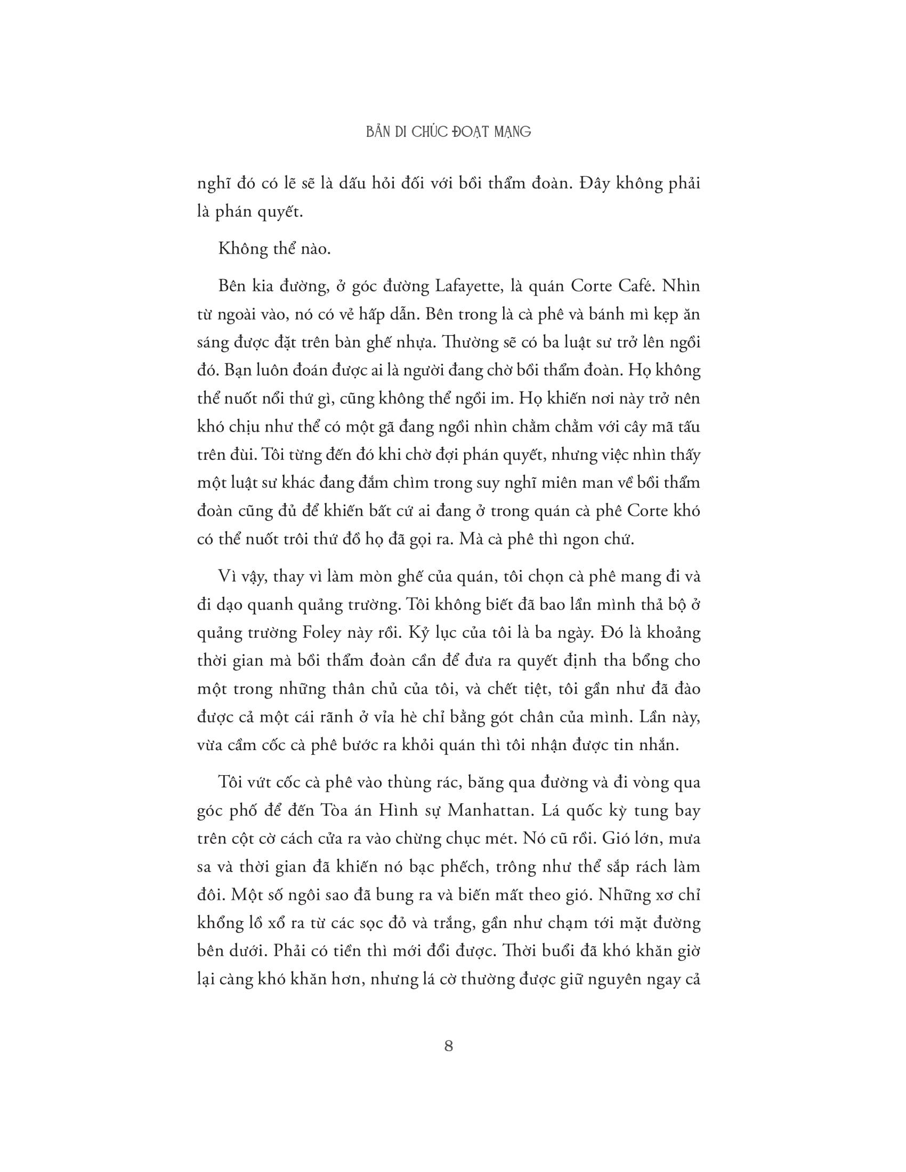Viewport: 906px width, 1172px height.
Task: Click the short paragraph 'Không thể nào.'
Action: [274, 249]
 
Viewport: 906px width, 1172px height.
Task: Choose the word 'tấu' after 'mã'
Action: [685, 427]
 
